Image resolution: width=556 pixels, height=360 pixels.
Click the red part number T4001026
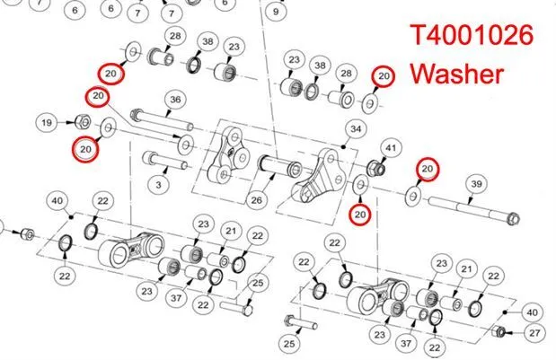(x=472, y=35)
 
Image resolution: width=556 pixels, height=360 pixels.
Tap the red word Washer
(x=457, y=74)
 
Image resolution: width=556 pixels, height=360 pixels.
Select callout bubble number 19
(x=47, y=123)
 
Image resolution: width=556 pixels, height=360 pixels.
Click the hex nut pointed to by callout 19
(x=83, y=122)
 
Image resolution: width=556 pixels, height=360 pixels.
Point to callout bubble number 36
(x=175, y=100)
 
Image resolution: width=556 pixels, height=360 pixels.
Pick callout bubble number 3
(x=158, y=185)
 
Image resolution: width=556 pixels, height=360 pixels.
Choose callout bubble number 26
(x=256, y=200)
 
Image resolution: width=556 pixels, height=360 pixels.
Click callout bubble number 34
(x=356, y=128)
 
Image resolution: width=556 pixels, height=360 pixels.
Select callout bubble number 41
(x=391, y=147)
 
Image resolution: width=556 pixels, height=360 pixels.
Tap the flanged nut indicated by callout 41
(x=376, y=167)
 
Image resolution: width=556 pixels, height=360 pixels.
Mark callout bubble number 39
(x=477, y=183)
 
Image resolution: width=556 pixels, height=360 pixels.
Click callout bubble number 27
(x=534, y=333)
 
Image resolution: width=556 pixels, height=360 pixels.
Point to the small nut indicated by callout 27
(x=499, y=331)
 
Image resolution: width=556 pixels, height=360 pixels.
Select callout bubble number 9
(x=276, y=12)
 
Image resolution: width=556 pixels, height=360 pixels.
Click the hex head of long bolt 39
(x=513, y=219)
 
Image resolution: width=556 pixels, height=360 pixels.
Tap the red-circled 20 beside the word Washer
(x=384, y=75)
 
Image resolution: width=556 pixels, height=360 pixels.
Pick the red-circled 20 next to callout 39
(x=428, y=169)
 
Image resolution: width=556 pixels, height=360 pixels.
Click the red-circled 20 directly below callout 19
(x=85, y=149)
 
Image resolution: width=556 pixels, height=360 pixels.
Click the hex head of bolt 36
(x=136, y=114)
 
